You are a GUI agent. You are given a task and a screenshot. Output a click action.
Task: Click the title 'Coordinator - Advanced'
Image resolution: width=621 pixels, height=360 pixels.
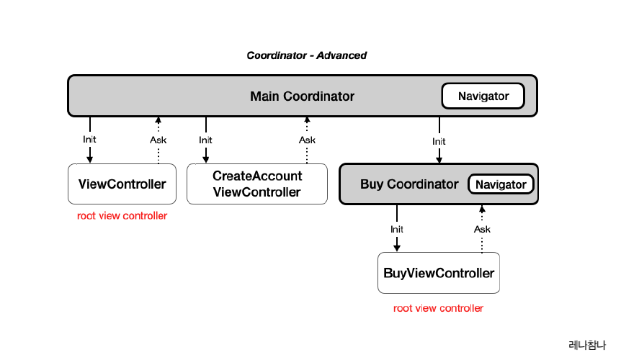(306, 55)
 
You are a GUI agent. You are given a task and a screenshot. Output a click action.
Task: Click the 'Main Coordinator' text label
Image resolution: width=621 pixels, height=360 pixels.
(302, 96)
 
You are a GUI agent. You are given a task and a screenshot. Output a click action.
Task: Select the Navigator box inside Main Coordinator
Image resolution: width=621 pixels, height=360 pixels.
(483, 96)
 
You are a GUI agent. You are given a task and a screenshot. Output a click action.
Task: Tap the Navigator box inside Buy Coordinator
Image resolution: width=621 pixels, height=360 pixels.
(501, 185)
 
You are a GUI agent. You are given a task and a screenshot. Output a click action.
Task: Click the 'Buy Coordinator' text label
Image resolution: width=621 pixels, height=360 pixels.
(409, 184)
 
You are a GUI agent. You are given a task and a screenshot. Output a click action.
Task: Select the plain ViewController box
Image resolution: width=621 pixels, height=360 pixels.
(122, 184)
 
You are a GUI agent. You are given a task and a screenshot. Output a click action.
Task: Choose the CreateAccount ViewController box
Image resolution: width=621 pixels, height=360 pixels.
(257, 184)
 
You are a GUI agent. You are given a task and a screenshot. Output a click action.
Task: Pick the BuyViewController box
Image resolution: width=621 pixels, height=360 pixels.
(439, 274)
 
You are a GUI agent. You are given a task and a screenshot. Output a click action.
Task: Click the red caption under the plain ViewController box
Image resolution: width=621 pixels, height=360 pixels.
(122, 216)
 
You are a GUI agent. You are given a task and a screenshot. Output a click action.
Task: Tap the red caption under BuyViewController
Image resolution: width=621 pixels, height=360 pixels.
(438, 308)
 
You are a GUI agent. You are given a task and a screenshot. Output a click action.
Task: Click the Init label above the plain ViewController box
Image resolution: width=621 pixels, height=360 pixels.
(90, 140)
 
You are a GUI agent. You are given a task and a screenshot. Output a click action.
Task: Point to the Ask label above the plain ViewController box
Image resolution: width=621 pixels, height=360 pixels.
(158, 140)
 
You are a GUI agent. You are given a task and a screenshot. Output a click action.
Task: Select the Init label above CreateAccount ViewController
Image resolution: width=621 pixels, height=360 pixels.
(206, 140)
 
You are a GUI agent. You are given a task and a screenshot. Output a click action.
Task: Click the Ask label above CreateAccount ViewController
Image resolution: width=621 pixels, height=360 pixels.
(307, 140)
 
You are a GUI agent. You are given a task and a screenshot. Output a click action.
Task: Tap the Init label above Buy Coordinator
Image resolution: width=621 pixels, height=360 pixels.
(439, 142)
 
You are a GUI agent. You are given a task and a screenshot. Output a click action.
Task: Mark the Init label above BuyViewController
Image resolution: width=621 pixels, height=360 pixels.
(397, 229)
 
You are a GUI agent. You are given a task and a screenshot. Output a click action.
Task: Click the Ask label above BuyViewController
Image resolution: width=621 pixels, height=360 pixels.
(482, 229)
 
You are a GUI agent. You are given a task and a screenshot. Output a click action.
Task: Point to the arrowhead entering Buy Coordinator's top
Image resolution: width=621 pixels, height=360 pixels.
(439, 159)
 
